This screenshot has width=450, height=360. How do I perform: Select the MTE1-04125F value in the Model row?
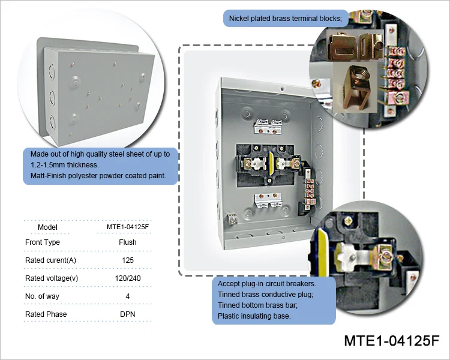tap(128, 227)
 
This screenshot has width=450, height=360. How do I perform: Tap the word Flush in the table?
tap(128, 242)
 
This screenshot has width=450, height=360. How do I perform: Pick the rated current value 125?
tap(128, 260)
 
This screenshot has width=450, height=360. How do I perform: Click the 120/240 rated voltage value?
tap(128, 278)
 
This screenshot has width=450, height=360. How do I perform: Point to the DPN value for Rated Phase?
tap(128, 314)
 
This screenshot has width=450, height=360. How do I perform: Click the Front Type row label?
tap(43, 242)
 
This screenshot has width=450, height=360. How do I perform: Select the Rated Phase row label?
tap(46, 314)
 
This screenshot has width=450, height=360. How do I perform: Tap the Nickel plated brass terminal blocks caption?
tap(286, 19)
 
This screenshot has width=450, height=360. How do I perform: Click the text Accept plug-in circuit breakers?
tap(266, 283)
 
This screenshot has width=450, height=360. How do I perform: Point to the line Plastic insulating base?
tap(255, 316)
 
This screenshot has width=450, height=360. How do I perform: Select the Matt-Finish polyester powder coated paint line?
tap(98, 176)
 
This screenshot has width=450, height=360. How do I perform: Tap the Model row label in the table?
tap(47, 227)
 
